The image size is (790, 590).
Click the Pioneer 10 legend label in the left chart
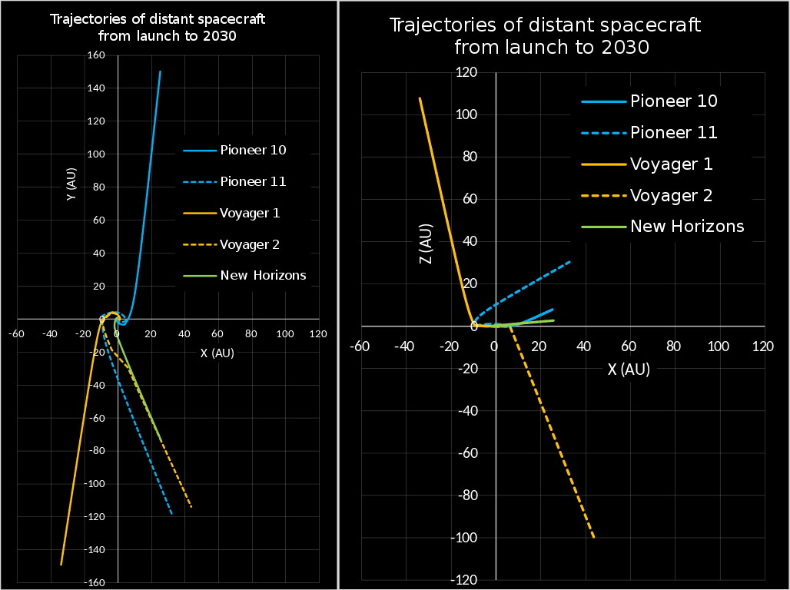pos(253,150)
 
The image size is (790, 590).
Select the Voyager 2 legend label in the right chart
pos(671,195)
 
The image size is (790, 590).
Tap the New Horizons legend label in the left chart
pos(263,276)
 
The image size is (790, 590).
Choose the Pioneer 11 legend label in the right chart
pos(673,132)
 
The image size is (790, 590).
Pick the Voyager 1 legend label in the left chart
pos(250,213)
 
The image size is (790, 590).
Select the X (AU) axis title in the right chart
pos(629,370)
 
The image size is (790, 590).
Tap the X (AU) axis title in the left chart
pos(217,353)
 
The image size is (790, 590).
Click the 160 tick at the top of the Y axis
pos(96,55)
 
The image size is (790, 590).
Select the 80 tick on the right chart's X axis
pos(674,346)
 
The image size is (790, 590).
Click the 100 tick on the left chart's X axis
pos(285,334)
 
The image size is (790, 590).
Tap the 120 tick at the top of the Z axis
pos(467,73)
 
